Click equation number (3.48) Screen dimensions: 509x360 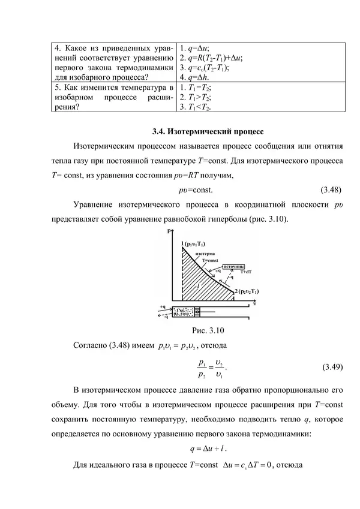(x=329, y=191)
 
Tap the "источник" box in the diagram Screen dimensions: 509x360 (x=233, y=267)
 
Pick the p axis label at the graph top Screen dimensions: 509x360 (x=178, y=231)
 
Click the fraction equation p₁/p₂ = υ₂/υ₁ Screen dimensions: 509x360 (x=211, y=367)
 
